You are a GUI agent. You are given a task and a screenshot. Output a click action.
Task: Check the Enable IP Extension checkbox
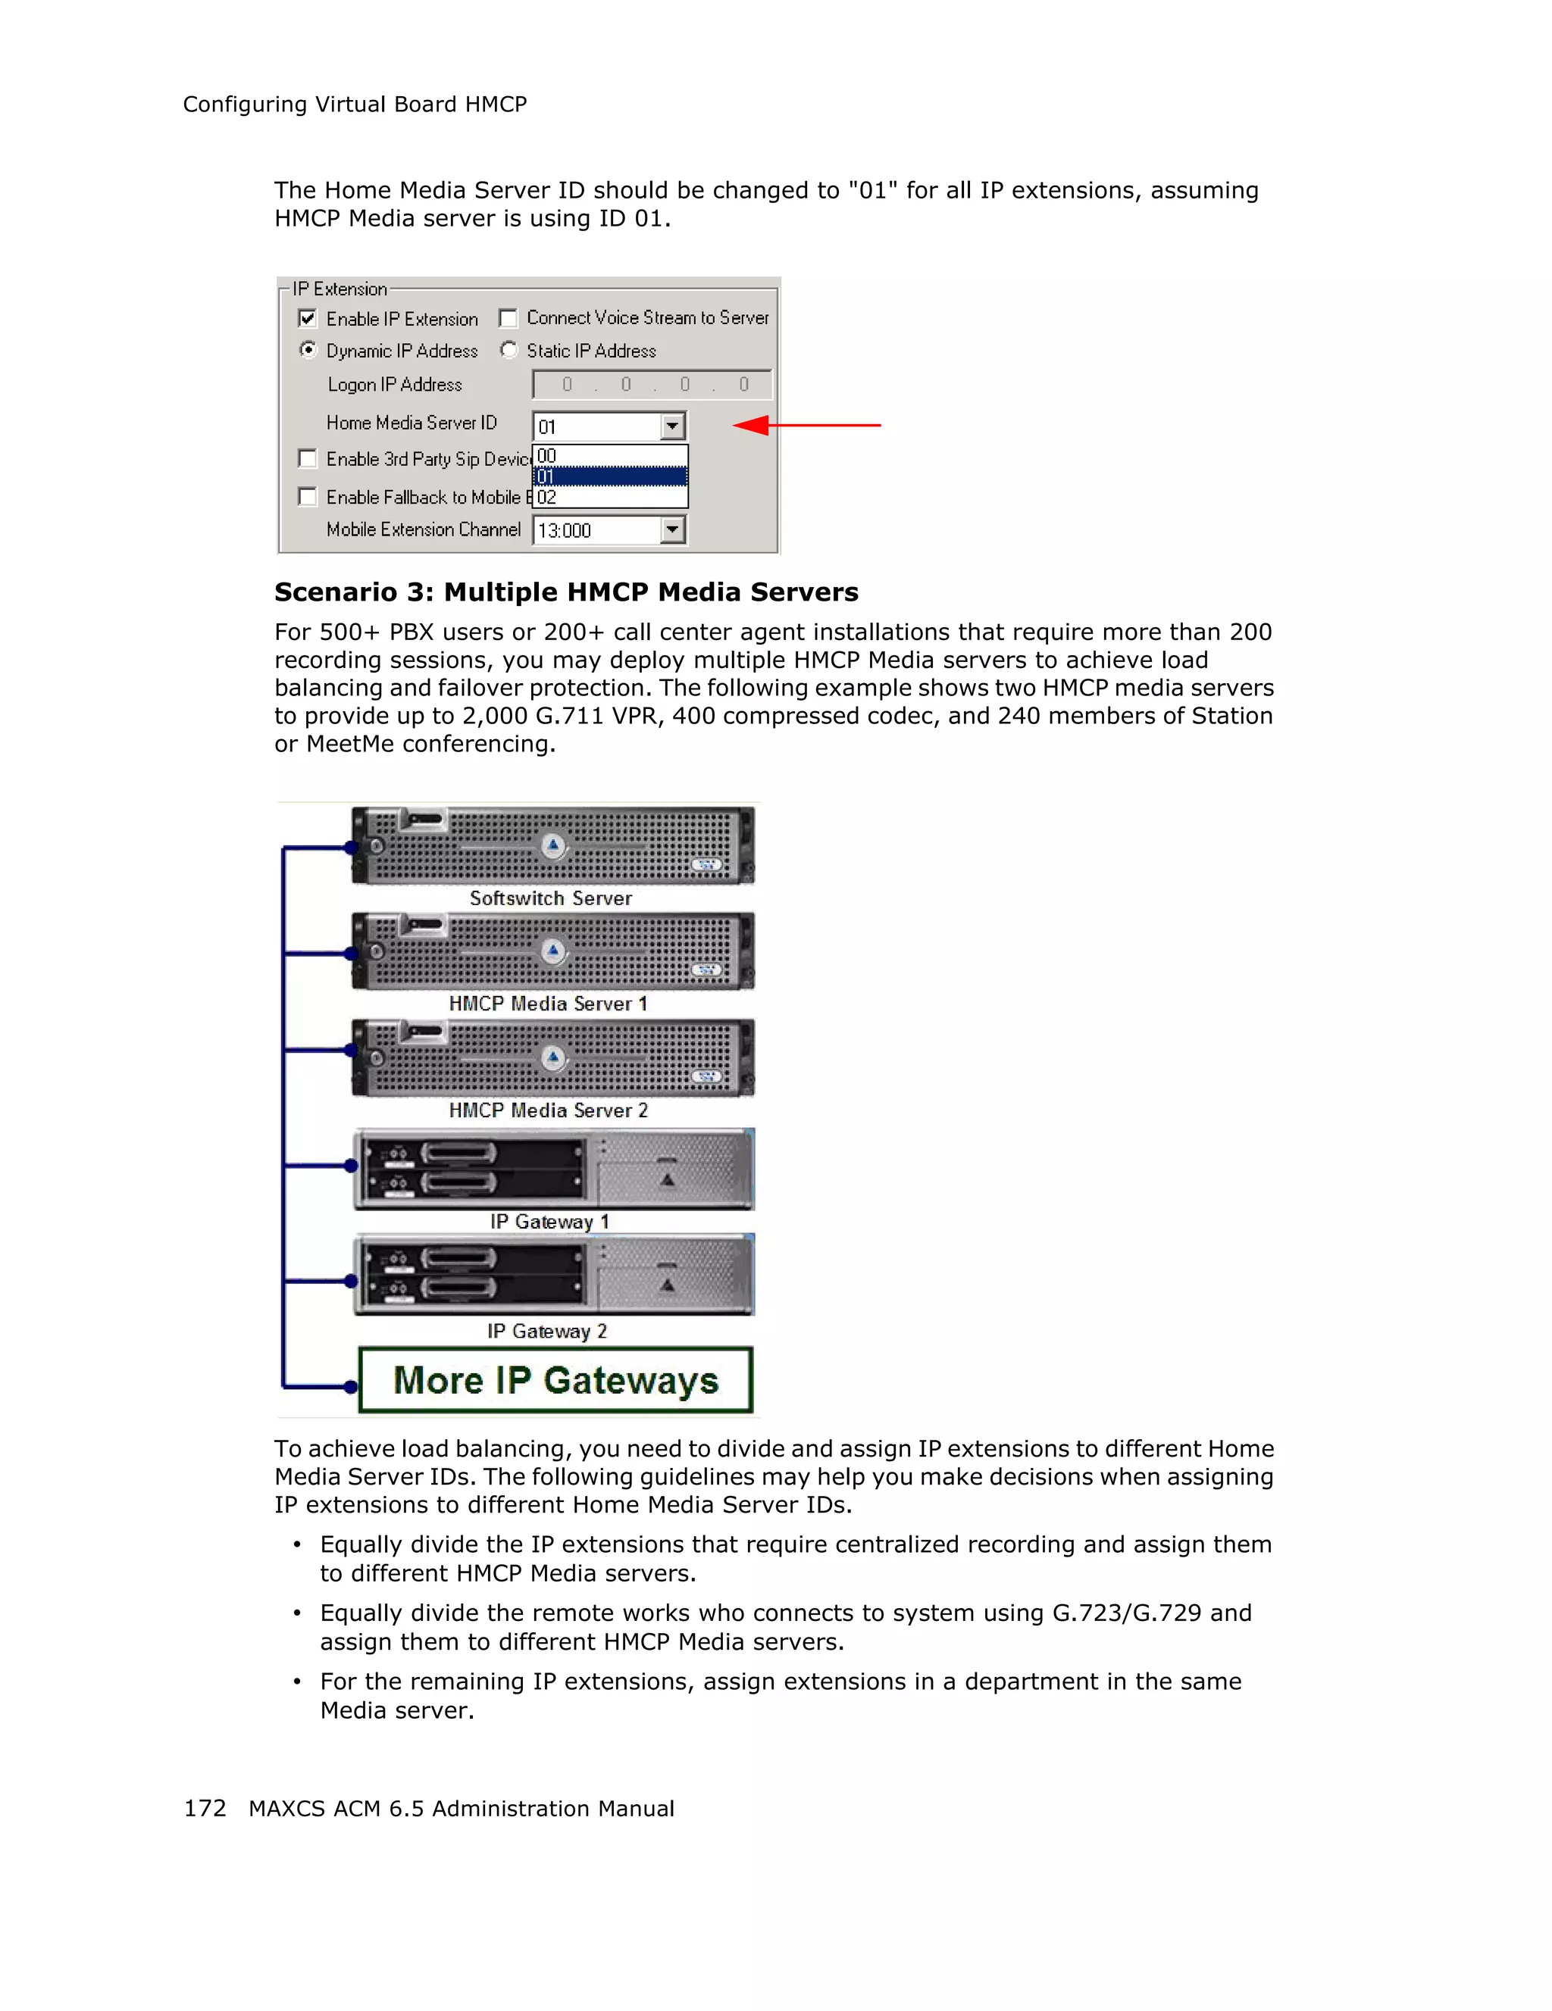pos(308,319)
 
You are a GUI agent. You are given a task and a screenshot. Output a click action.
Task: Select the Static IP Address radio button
pos(508,350)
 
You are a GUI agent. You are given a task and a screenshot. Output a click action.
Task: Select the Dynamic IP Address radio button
pos(308,350)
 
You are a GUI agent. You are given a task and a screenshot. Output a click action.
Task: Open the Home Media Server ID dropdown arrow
pos(672,426)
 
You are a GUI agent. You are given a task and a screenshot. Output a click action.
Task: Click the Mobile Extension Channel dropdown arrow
pos(672,530)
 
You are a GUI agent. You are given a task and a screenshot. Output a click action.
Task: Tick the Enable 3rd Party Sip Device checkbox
pos(308,458)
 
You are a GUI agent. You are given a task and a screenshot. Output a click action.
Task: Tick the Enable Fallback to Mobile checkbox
pos(308,497)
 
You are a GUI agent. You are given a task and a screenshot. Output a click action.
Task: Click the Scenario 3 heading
pos(565,592)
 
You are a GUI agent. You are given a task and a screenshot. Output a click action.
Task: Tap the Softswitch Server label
pos(551,898)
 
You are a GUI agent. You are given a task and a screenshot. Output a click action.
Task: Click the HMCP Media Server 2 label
pos(548,1110)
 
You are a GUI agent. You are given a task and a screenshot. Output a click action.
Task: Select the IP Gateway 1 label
pos(549,1222)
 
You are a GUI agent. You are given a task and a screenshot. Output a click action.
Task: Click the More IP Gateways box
pos(555,1380)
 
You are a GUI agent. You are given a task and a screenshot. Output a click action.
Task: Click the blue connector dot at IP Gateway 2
pos(351,1281)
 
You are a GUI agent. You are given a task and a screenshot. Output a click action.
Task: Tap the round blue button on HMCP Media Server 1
pos(552,951)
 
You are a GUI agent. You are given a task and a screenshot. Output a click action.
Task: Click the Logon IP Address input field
pos(651,385)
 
